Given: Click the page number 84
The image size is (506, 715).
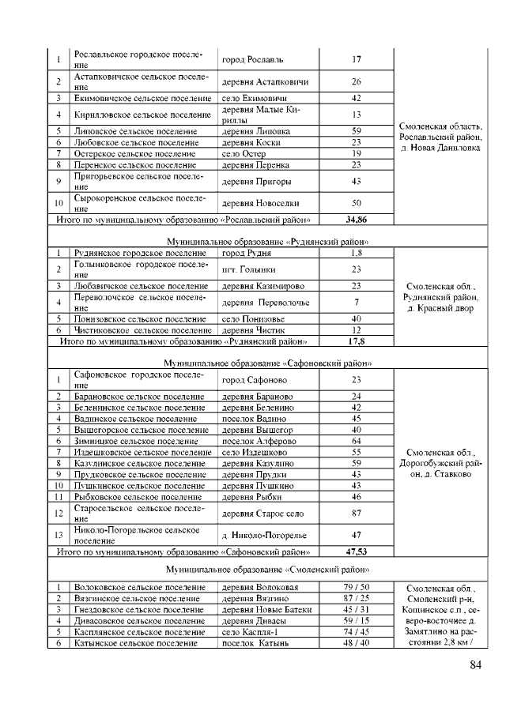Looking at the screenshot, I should tap(475, 665).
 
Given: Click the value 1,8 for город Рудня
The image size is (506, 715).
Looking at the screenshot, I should tap(356, 253).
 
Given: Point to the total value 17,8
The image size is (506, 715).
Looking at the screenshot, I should tap(356, 341).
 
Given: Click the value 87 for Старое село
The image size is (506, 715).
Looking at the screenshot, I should tap(356, 514).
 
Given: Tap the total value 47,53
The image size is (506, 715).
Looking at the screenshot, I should tap(356, 551).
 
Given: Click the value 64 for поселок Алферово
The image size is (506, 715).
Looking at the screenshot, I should tap(356, 440).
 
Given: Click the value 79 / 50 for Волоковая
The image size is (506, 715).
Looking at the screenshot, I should tap(356, 587).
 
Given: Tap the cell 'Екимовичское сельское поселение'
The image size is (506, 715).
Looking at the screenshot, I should tap(141, 98).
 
